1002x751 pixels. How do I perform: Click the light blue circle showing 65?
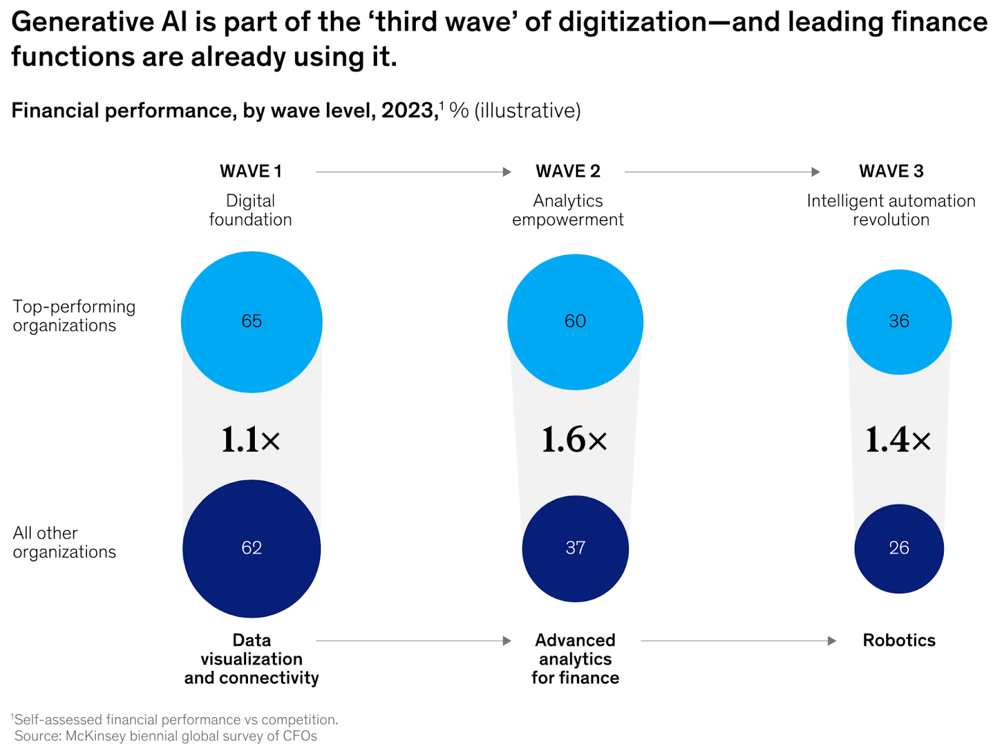pyautogui.click(x=252, y=322)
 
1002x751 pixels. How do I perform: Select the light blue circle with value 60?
pyautogui.click(x=575, y=322)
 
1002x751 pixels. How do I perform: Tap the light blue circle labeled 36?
pyautogui.click(x=899, y=322)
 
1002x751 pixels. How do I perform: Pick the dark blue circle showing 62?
pyautogui.click(x=252, y=548)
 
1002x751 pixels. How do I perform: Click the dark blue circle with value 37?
pyautogui.click(x=575, y=548)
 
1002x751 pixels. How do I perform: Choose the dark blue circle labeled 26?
pyautogui.click(x=899, y=548)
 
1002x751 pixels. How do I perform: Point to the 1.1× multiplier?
pyautogui.click(x=250, y=440)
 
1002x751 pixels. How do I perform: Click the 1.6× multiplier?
pyautogui.click(x=574, y=440)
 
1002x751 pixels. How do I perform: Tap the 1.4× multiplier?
pyautogui.click(x=897, y=440)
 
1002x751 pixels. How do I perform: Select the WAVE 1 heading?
pyautogui.click(x=250, y=171)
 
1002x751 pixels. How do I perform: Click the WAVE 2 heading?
pyautogui.click(x=568, y=171)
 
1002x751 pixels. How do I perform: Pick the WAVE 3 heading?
pyautogui.click(x=891, y=171)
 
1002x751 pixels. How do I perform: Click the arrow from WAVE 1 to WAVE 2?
pyautogui.click(x=413, y=172)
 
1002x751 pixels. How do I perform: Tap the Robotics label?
pyautogui.click(x=899, y=640)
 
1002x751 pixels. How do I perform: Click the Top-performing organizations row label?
pyautogui.click(x=74, y=316)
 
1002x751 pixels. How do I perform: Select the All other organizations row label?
pyautogui.click(x=64, y=542)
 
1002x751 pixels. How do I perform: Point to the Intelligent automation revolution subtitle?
pyautogui.click(x=891, y=210)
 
